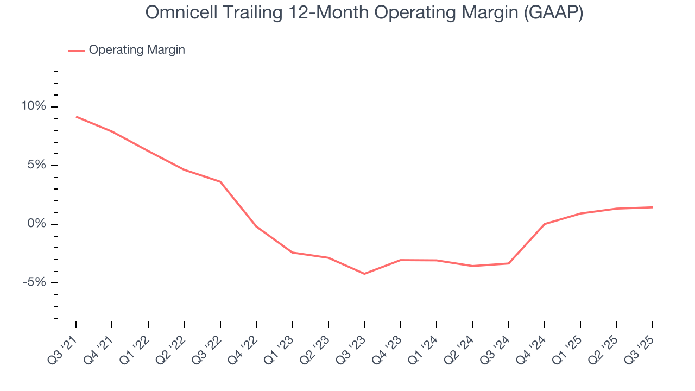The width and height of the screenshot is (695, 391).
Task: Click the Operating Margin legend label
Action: [137, 50]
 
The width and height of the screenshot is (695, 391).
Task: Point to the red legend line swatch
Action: [76, 51]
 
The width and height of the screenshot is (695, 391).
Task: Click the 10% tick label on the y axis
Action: [34, 106]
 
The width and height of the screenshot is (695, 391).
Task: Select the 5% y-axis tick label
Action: [37, 165]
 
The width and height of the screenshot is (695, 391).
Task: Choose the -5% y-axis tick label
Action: [35, 282]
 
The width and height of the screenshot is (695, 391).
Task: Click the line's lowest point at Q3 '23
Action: [364, 274]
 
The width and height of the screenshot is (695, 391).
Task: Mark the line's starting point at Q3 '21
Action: [76, 117]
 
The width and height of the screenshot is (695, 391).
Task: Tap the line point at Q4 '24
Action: [544, 224]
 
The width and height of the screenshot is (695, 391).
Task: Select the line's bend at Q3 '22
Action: [220, 181]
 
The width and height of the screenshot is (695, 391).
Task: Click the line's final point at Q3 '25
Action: [652, 207]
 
